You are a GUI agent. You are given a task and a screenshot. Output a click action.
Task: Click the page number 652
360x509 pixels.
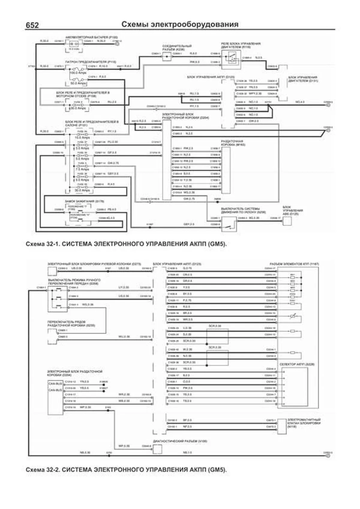click(x=32, y=25)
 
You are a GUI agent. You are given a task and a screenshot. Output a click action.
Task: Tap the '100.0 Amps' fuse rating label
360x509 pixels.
click(x=78, y=73)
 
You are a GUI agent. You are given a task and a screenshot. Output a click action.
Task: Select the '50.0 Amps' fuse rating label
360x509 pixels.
click(x=78, y=83)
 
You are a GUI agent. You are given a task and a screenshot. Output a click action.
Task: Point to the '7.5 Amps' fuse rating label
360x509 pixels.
click(x=82, y=169)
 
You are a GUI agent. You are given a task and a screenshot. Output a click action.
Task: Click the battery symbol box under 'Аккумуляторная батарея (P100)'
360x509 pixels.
click(x=73, y=45)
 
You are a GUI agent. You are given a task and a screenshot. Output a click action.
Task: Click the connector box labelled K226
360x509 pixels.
click(x=167, y=57)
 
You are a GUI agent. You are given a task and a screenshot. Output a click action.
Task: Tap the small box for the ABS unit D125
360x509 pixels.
click(x=287, y=221)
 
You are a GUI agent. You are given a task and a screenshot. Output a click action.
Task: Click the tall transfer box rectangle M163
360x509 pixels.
click(x=226, y=170)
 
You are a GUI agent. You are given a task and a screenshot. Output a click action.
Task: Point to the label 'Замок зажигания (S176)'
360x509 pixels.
click(x=85, y=201)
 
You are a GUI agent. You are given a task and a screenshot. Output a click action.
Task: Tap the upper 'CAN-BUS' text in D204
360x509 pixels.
click(x=55, y=384)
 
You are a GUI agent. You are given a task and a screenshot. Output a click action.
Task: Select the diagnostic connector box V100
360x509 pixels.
click(x=157, y=449)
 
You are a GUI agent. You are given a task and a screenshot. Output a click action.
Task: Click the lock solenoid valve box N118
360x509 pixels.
click(x=282, y=426)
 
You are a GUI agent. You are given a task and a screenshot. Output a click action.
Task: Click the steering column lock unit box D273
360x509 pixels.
click(x=52, y=271)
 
